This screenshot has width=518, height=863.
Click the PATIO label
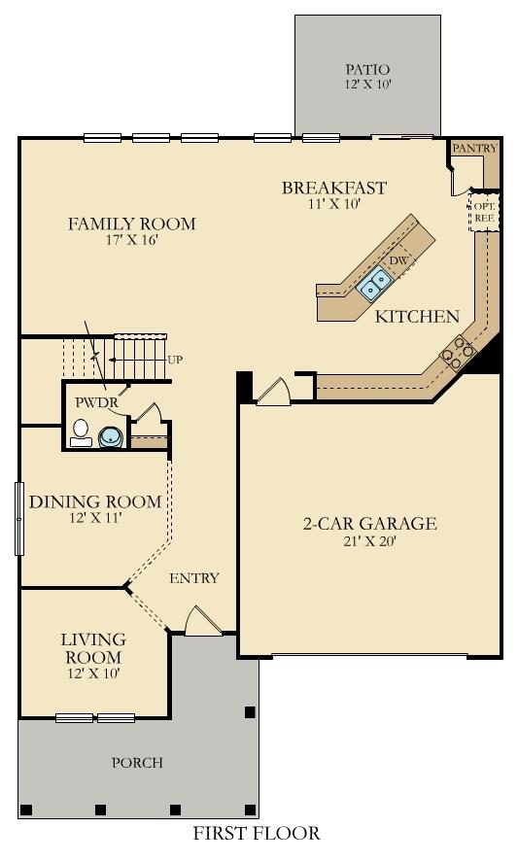tap(367, 70)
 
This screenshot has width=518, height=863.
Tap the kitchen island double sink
tap(374, 283)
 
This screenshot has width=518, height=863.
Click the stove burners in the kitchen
tap(456, 352)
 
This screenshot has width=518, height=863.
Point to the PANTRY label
tap(474, 149)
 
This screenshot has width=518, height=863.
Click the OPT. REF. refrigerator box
tap(483, 212)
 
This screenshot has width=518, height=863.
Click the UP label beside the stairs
tap(175, 360)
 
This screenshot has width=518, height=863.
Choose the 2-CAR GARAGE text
tap(369, 524)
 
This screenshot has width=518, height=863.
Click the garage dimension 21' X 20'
tap(369, 541)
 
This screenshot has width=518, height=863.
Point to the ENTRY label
tap(194, 578)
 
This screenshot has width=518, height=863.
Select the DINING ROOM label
tap(94, 501)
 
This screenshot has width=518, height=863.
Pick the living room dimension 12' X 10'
tap(93, 673)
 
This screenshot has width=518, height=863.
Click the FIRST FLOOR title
tap(256, 833)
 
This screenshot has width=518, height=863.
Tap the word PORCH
tap(137, 762)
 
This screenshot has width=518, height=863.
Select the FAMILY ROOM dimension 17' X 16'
tap(131, 241)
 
